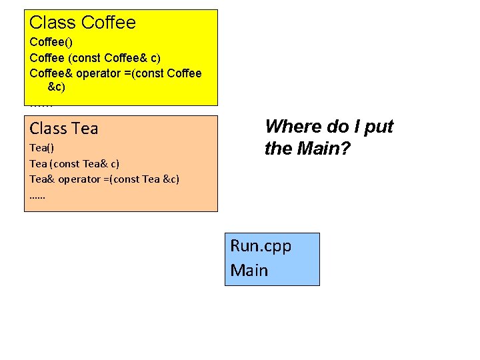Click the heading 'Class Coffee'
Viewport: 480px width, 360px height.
(x=83, y=23)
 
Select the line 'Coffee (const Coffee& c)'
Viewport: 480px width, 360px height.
(x=95, y=57)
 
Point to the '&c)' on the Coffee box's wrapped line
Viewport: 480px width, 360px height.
(x=57, y=87)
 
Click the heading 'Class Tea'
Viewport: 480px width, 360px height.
(x=64, y=128)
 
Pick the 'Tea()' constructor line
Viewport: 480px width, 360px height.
(x=41, y=147)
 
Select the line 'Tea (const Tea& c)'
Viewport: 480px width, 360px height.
(x=75, y=163)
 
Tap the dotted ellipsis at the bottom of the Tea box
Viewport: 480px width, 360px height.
(x=38, y=197)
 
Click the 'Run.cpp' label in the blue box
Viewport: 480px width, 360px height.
(x=261, y=246)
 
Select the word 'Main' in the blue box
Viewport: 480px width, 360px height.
(x=249, y=270)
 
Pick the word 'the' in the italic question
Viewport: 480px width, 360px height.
(x=276, y=149)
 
